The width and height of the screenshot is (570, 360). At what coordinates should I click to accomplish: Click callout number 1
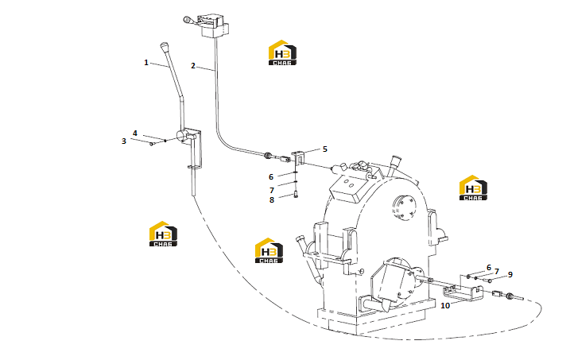click(x=146, y=63)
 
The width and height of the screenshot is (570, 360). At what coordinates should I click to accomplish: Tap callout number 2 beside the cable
click(x=193, y=66)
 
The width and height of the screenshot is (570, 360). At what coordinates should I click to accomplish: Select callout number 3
click(x=123, y=141)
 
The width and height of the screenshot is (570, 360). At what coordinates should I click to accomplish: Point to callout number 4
click(x=135, y=133)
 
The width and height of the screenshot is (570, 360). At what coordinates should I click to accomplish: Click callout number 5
click(x=324, y=149)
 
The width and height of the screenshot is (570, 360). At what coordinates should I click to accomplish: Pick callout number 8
click(x=272, y=199)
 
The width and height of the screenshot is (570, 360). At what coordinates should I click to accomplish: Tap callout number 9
click(x=510, y=275)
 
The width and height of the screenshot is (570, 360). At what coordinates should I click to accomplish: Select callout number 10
click(x=445, y=305)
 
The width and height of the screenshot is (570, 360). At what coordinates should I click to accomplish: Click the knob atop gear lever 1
click(x=164, y=47)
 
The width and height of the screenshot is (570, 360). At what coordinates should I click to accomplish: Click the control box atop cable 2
click(x=214, y=25)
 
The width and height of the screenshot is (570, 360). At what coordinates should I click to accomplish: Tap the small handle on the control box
click(x=189, y=21)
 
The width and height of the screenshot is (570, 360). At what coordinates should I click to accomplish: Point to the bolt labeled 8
click(x=296, y=195)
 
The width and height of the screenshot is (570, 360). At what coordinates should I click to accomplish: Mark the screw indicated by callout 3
click(x=152, y=144)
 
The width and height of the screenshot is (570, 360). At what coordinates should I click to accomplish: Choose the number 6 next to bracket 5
click(x=271, y=177)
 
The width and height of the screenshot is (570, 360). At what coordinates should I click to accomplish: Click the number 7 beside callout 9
click(x=497, y=271)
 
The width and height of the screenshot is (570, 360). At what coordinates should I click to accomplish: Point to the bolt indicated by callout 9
click(x=487, y=280)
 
